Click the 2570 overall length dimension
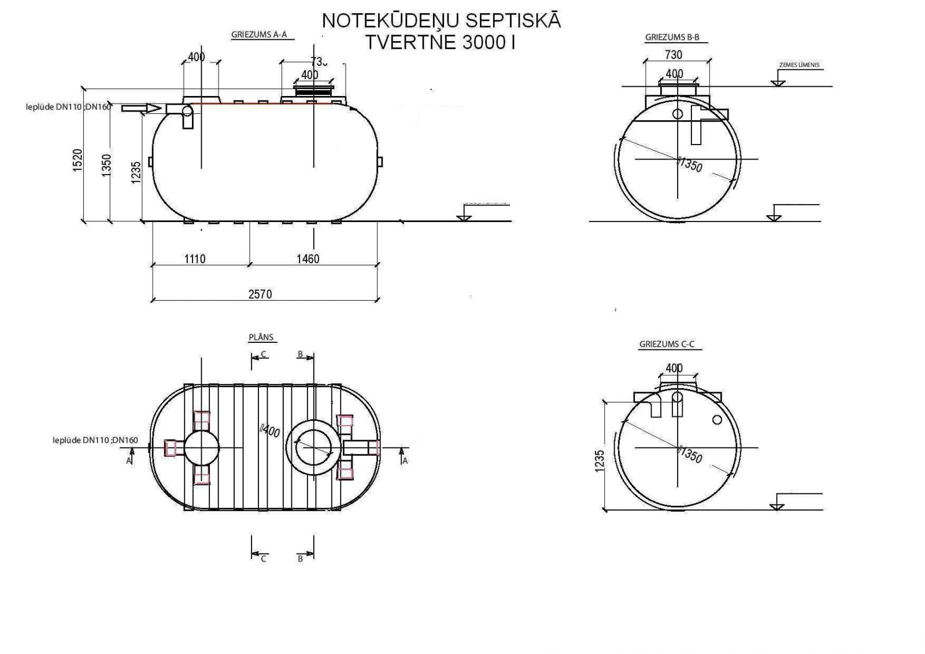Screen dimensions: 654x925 [x=260, y=294]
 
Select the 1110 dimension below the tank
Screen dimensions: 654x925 [x=195, y=258]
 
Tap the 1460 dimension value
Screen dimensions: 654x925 [x=308, y=258]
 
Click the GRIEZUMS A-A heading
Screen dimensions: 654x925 [x=259, y=34]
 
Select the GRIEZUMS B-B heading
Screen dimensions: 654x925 [x=672, y=38]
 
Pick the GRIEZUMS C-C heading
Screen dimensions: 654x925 [x=667, y=344]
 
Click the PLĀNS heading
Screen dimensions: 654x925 [x=261, y=337]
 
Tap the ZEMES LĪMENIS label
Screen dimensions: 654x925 [x=799, y=65]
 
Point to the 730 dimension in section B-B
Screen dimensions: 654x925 [x=674, y=55]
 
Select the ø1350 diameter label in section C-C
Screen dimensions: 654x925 [x=690, y=456]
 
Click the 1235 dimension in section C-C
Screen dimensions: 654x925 [x=599, y=461]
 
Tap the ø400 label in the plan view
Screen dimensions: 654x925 [x=270, y=431]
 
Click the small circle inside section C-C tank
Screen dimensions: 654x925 [x=717, y=419]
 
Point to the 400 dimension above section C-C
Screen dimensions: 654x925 [x=674, y=368]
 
